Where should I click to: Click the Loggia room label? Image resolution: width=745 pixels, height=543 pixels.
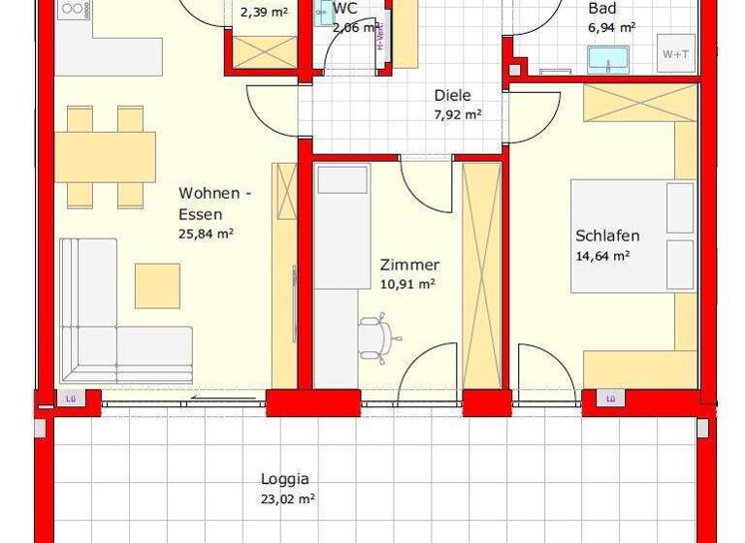(x=284, y=478)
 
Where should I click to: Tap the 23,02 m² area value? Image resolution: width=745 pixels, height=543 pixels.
(x=287, y=498)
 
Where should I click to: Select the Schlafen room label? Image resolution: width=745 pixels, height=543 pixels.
(x=607, y=236)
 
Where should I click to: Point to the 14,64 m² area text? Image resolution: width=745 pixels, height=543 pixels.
(x=602, y=256)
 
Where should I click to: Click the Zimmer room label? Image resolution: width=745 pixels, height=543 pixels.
(x=409, y=264)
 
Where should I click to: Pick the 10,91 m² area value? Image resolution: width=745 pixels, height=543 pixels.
(x=406, y=284)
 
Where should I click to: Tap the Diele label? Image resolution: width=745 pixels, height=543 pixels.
(x=452, y=95)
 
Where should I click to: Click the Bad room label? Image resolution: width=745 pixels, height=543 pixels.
(x=602, y=9)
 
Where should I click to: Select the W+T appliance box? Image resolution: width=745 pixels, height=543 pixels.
(x=675, y=53)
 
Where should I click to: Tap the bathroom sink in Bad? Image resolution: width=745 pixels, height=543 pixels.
(x=608, y=58)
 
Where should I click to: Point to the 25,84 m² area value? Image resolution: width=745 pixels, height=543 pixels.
(x=205, y=234)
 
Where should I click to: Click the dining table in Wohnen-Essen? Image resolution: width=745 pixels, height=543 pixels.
(x=105, y=156)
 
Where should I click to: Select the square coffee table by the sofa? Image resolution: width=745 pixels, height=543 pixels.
(x=157, y=285)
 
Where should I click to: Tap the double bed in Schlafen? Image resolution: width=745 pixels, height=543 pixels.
(x=632, y=236)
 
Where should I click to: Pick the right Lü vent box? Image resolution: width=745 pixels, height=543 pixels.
(x=610, y=398)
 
